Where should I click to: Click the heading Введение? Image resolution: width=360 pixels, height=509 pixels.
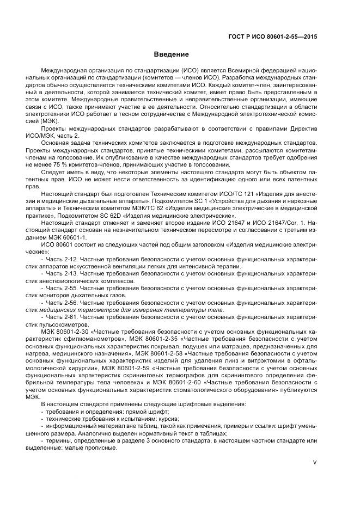pos(170,54)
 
